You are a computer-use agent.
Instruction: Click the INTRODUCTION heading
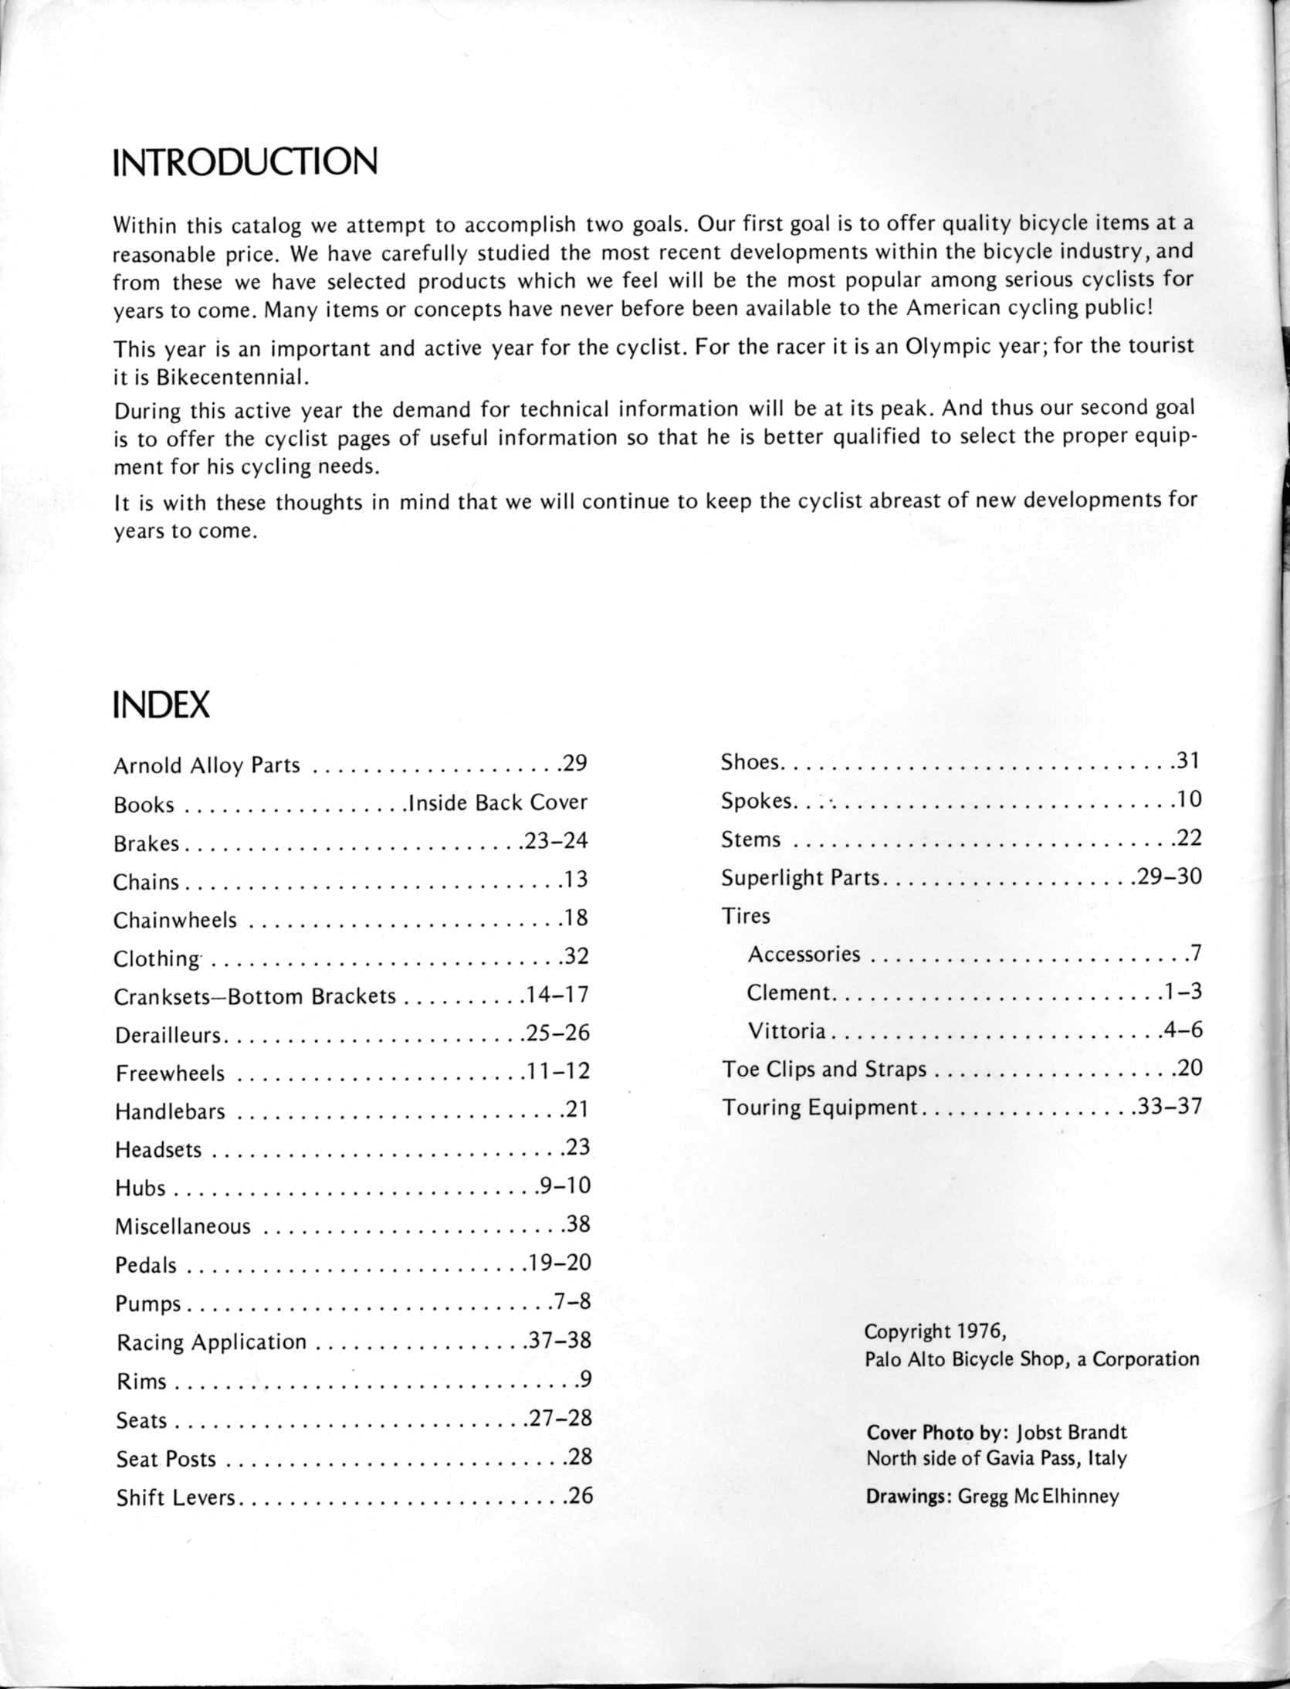point(245,162)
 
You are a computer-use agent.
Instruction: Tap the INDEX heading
point(161,704)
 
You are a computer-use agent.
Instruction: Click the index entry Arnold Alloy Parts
point(206,765)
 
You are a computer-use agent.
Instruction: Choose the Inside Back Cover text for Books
point(498,803)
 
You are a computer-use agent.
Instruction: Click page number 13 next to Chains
point(576,880)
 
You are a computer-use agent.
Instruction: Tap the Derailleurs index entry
point(169,1035)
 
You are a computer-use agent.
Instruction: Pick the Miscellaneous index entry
point(183,1226)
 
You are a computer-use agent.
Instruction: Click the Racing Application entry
point(212,1342)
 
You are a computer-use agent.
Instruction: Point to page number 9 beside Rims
point(584,1379)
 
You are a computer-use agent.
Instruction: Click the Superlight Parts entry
point(801,878)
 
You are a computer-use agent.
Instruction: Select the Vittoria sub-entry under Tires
point(787,1031)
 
